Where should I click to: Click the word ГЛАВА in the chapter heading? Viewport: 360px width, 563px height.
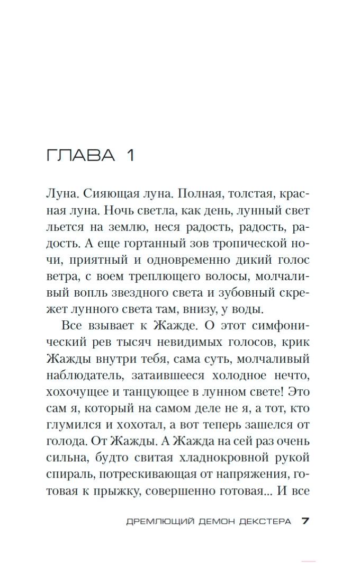pos(80,155)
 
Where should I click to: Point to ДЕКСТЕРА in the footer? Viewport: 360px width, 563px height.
pos(265,521)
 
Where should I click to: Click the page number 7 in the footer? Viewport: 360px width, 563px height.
pos(305,521)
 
